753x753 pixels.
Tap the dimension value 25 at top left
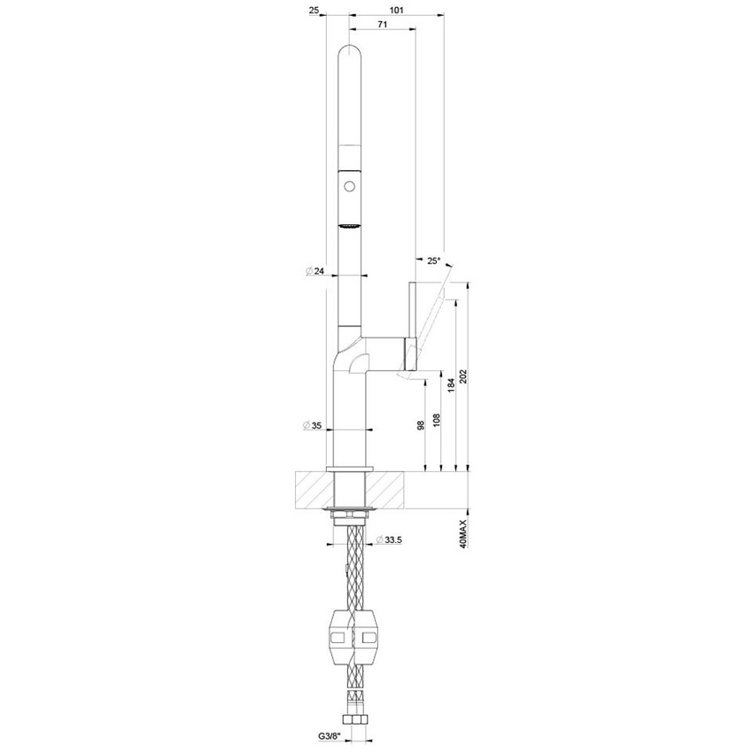[x=314, y=10]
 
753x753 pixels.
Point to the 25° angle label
[x=433, y=261]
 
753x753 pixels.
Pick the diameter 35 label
[x=314, y=426]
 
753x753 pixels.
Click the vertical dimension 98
[x=423, y=424]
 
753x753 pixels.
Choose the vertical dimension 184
[x=451, y=383]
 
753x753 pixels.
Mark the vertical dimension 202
[x=465, y=376]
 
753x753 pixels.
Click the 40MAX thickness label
[x=464, y=535]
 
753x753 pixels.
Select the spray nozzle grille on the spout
[x=352, y=228]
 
